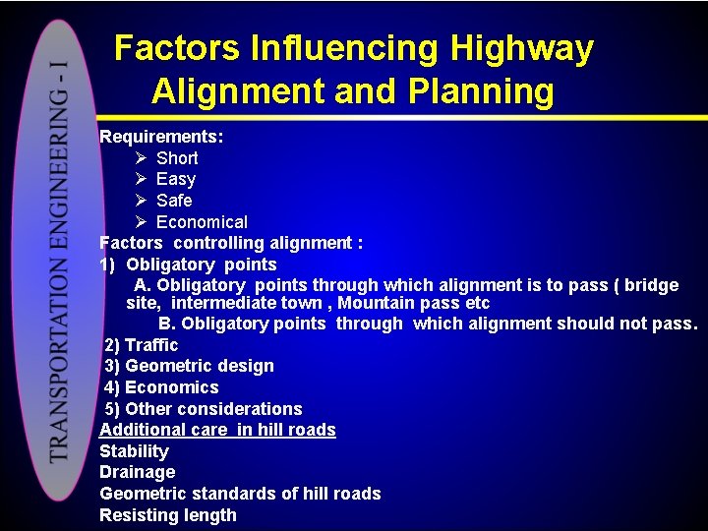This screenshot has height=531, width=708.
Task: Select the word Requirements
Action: (x=160, y=137)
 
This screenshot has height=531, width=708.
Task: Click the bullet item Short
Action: (x=177, y=158)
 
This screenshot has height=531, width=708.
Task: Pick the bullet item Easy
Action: (x=176, y=179)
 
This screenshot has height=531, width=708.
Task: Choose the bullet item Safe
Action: (x=174, y=201)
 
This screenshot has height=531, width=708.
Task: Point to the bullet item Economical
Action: (x=202, y=222)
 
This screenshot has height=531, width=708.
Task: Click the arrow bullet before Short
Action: (x=141, y=158)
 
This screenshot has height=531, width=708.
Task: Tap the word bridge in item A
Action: (x=651, y=285)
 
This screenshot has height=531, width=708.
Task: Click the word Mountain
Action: (x=379, y=304)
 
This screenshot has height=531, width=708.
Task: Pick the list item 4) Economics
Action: (x=161, y=387)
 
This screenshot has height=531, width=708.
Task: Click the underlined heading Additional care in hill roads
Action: (x=217, y=430)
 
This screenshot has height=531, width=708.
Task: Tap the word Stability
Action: (x=134, y=451)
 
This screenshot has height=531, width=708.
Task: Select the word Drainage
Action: (x=137, y=472)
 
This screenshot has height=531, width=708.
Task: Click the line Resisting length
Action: (x=168, y=515)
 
